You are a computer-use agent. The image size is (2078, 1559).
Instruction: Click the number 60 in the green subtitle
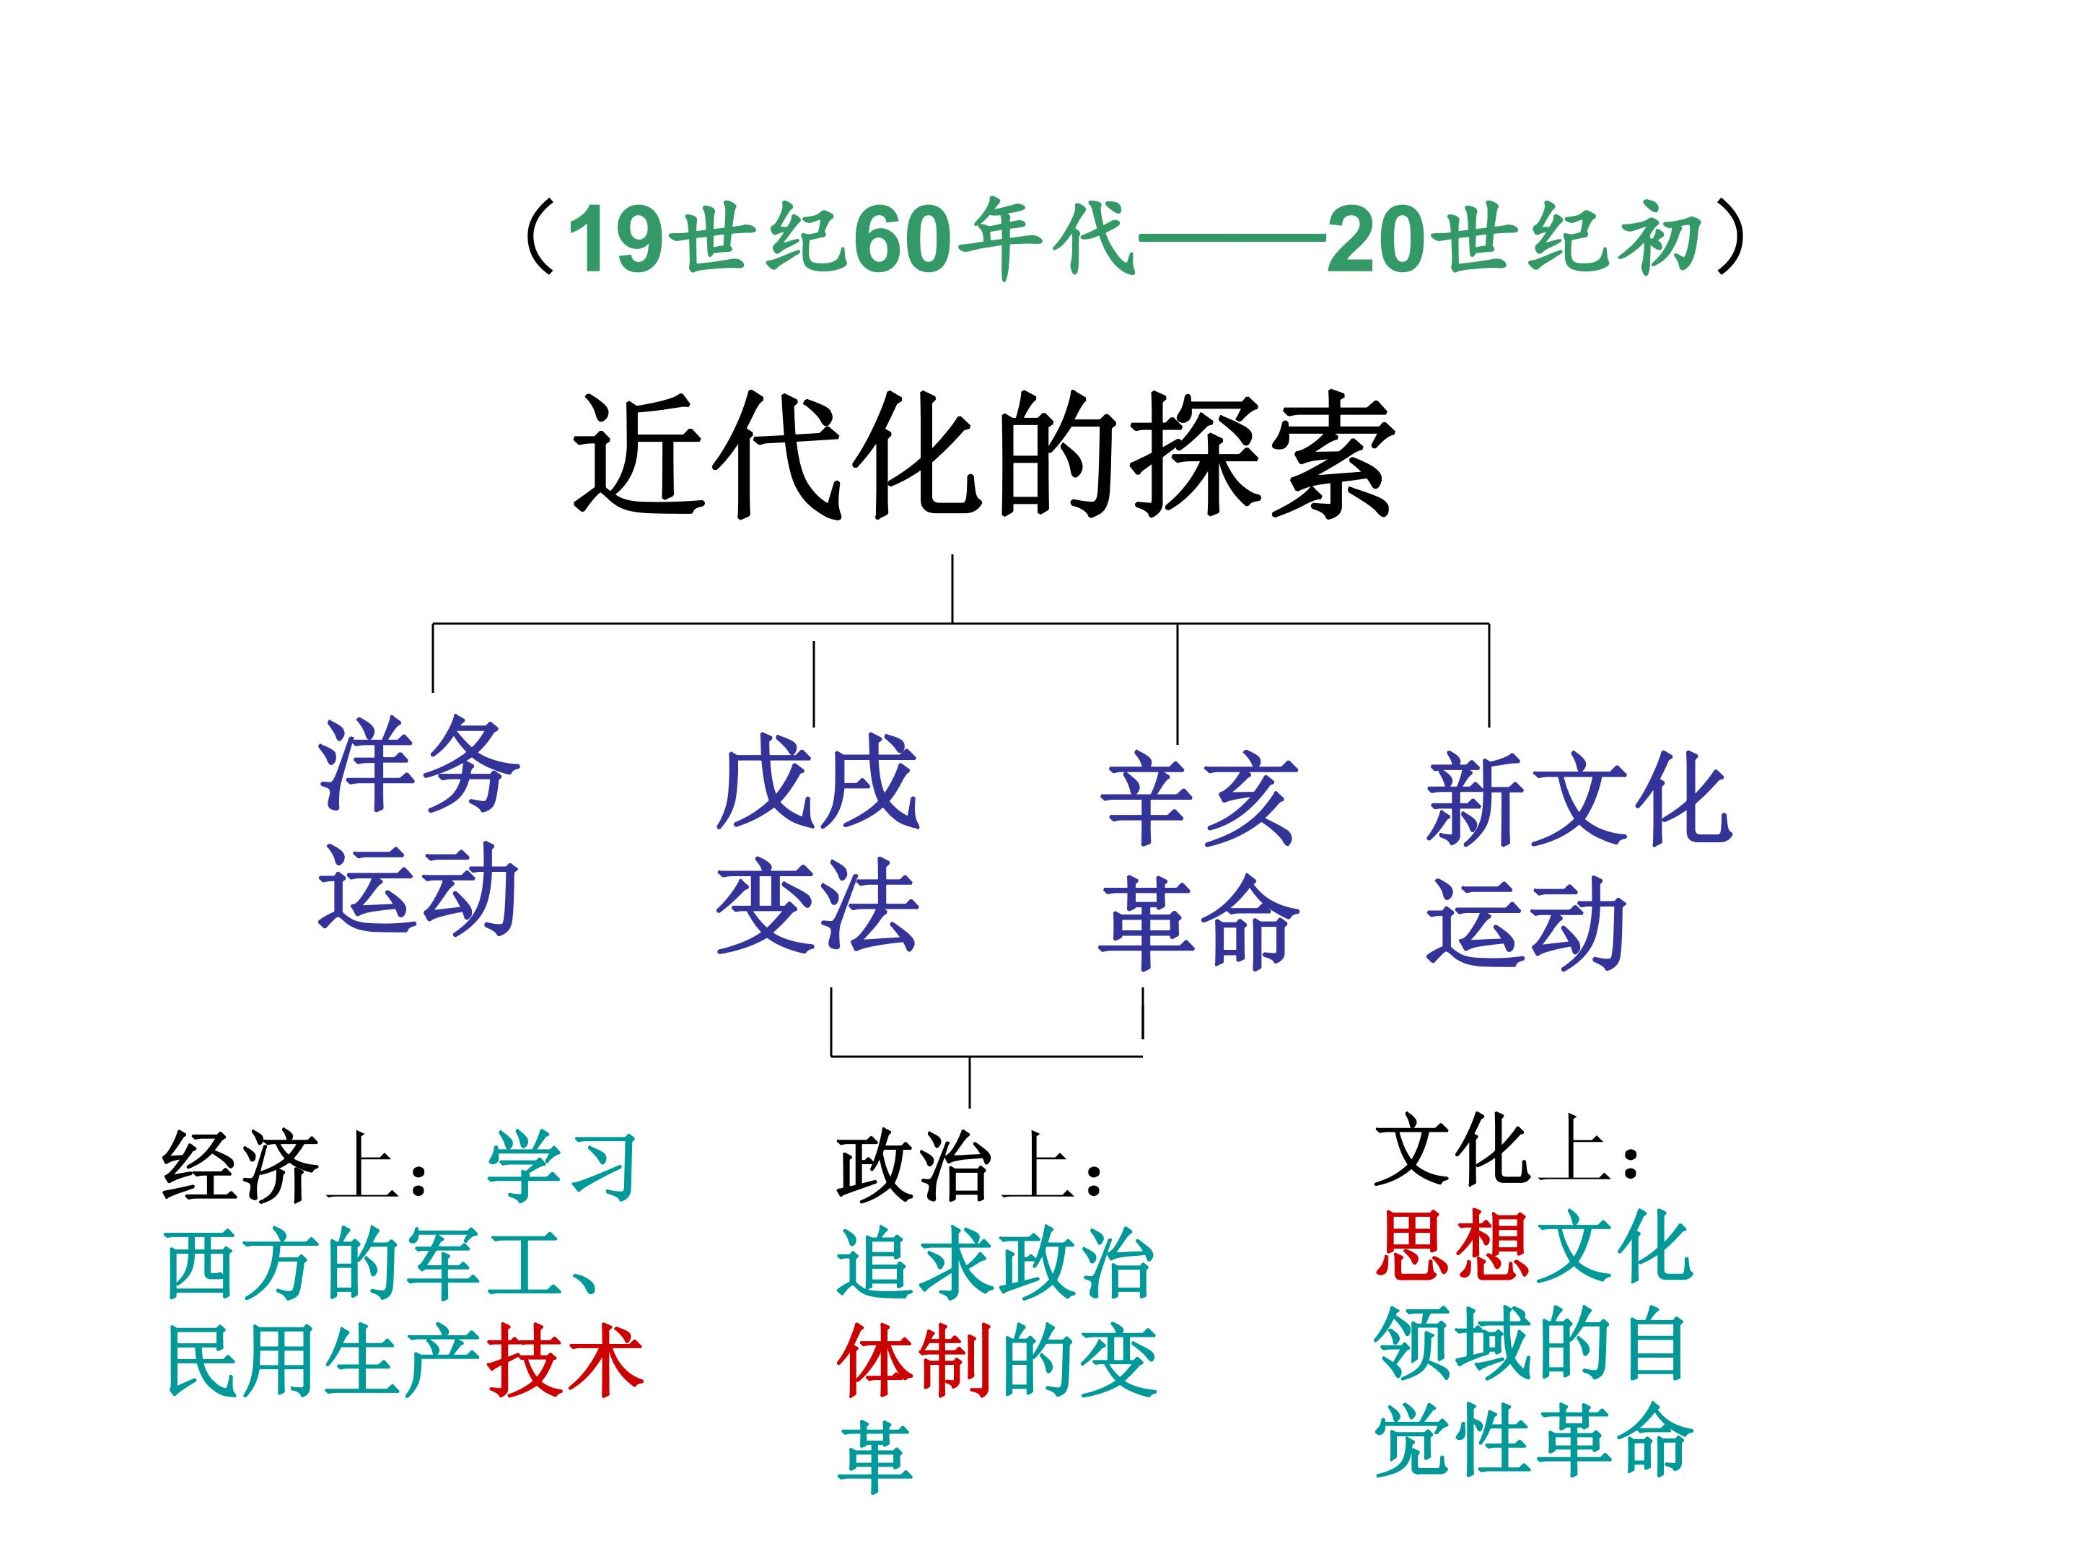pyautogui.click(x=904, y=240)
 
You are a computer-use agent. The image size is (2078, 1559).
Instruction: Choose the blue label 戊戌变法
pyautogui.click(x=817, y=843)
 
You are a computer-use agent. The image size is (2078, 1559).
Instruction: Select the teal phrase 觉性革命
pyautogui.click(x=1533, y=1441)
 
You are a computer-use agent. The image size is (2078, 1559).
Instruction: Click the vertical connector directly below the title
pyautogui.click(x=952, y=588)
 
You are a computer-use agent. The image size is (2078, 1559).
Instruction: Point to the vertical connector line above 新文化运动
pyautogui.click(x=1489, y=675)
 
